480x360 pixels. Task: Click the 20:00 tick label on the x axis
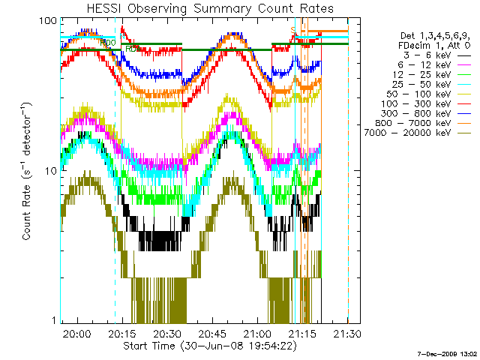[x=76, y=334]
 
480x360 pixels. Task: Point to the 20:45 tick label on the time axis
[x=212, y=334]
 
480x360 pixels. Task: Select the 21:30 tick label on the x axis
[x=348, y=334]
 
